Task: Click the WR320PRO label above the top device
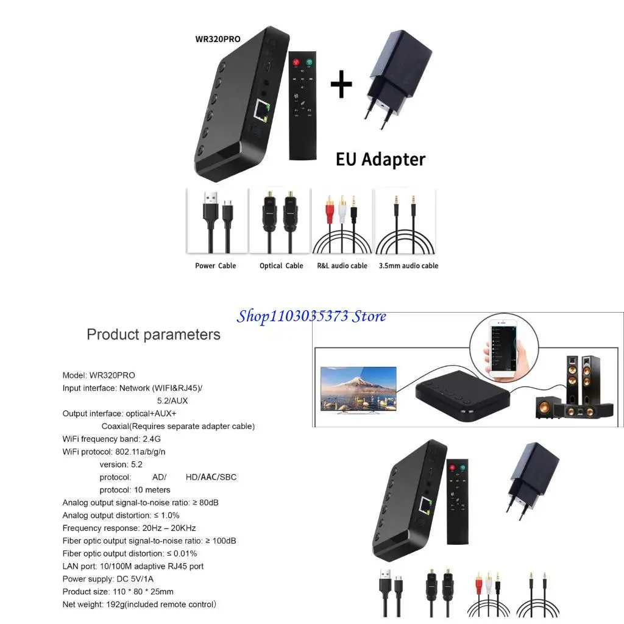tap(217, 39)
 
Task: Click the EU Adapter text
tap(380, 159)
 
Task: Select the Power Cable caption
tap(215, 266)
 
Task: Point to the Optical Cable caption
tap(281, 266)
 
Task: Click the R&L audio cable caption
tap(342, 266)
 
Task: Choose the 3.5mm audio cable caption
tap(408, 266)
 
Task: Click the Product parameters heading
tap(154, 334)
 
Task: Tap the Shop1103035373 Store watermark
tap(311, 316)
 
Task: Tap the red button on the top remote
tap(296, 62)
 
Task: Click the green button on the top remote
tap(309, 62)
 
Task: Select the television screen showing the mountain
tap(358, 388)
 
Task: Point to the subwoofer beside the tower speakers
tap(546, 406)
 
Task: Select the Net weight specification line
tap(139, 604)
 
